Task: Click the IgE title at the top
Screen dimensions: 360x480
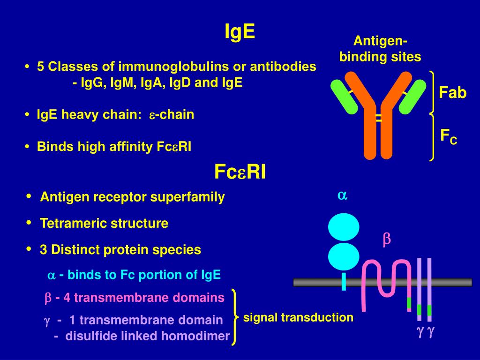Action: click(x=240, y=31)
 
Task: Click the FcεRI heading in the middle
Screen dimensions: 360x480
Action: click(x=240, y=172)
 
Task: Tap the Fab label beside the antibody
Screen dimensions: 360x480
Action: click(x=452, y=93)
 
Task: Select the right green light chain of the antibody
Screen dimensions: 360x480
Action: click(x=411, y=97)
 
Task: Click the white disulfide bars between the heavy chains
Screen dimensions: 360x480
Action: click(x=378, y=119)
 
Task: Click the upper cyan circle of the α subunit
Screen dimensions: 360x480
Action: click(x=344, y=227)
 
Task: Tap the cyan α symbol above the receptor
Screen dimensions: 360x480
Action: click(x=343, y=196)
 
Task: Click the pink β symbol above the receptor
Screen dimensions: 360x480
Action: click(x=387, y=240)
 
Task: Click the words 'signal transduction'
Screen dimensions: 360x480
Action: click(x=298, y=318)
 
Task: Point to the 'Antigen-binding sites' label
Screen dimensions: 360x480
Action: click(x=380, y=49)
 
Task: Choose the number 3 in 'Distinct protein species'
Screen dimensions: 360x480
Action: click(x=44, y=250)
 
